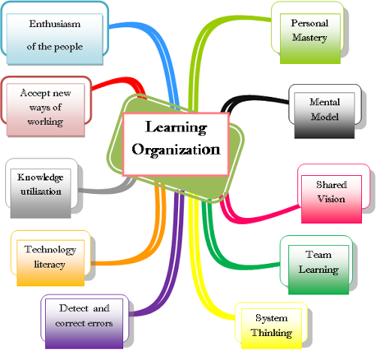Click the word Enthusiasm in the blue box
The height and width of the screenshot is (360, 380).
(x=55, y=24)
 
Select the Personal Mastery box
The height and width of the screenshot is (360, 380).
(x=310, y=38)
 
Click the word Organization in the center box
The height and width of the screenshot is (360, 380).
(x=176, y=150)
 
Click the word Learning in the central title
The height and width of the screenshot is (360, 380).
(x=176, y=128)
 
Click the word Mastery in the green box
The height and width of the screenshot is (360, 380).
(x=310, y=38)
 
